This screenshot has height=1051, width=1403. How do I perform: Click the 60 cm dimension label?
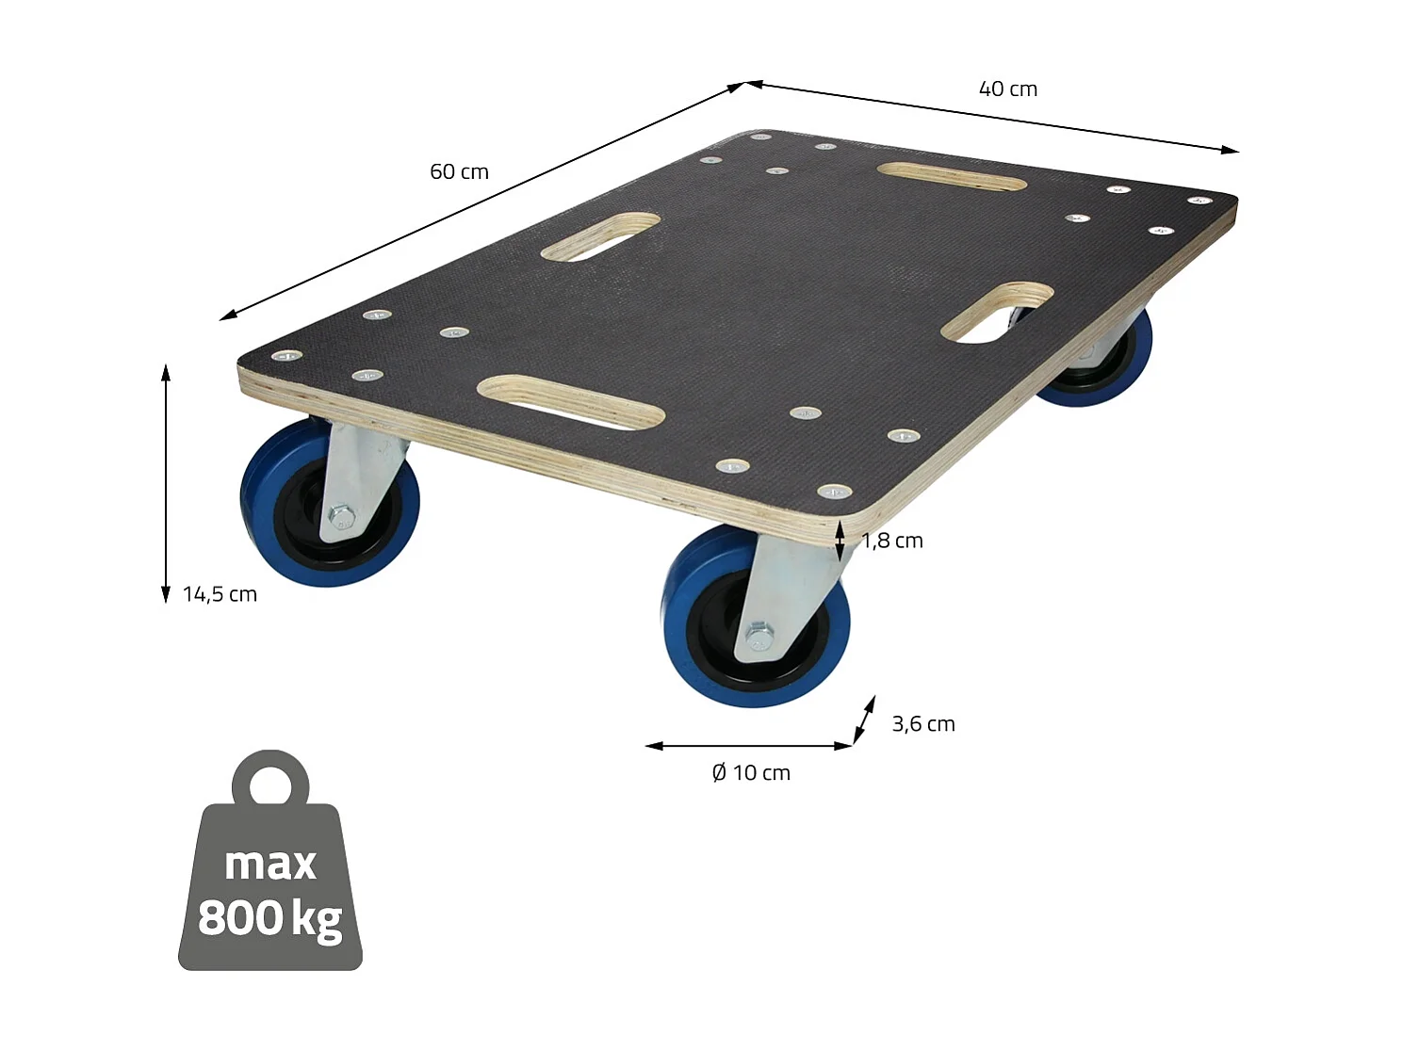[x=459, y=171]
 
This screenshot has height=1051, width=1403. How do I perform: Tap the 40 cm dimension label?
[x=1007, y=89]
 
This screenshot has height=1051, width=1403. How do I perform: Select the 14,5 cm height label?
[x=220, y=594]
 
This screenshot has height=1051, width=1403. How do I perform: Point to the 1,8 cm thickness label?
[x=893, y=541]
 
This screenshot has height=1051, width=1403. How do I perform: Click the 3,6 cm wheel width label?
[x=923, y=724]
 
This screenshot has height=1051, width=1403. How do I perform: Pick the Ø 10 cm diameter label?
[x=751, y=773]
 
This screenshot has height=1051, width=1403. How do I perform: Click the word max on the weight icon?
[x=270, y=864]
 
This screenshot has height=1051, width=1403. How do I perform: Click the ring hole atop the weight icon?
[x=271, y=784]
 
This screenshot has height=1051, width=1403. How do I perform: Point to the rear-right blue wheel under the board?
[x=1102, y=367]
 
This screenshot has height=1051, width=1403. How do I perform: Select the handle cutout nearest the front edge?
[x=571, y=402]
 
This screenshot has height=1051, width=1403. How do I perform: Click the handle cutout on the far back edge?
[x=952, y=176]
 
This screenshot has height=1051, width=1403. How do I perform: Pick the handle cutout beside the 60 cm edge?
[x=600, y=235]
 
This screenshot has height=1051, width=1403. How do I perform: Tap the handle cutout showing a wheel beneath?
[x=997, y=312]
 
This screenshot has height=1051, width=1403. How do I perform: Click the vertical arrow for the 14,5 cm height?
[x=166, y=482]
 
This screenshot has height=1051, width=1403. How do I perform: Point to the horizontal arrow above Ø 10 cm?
[x=749, y=746]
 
